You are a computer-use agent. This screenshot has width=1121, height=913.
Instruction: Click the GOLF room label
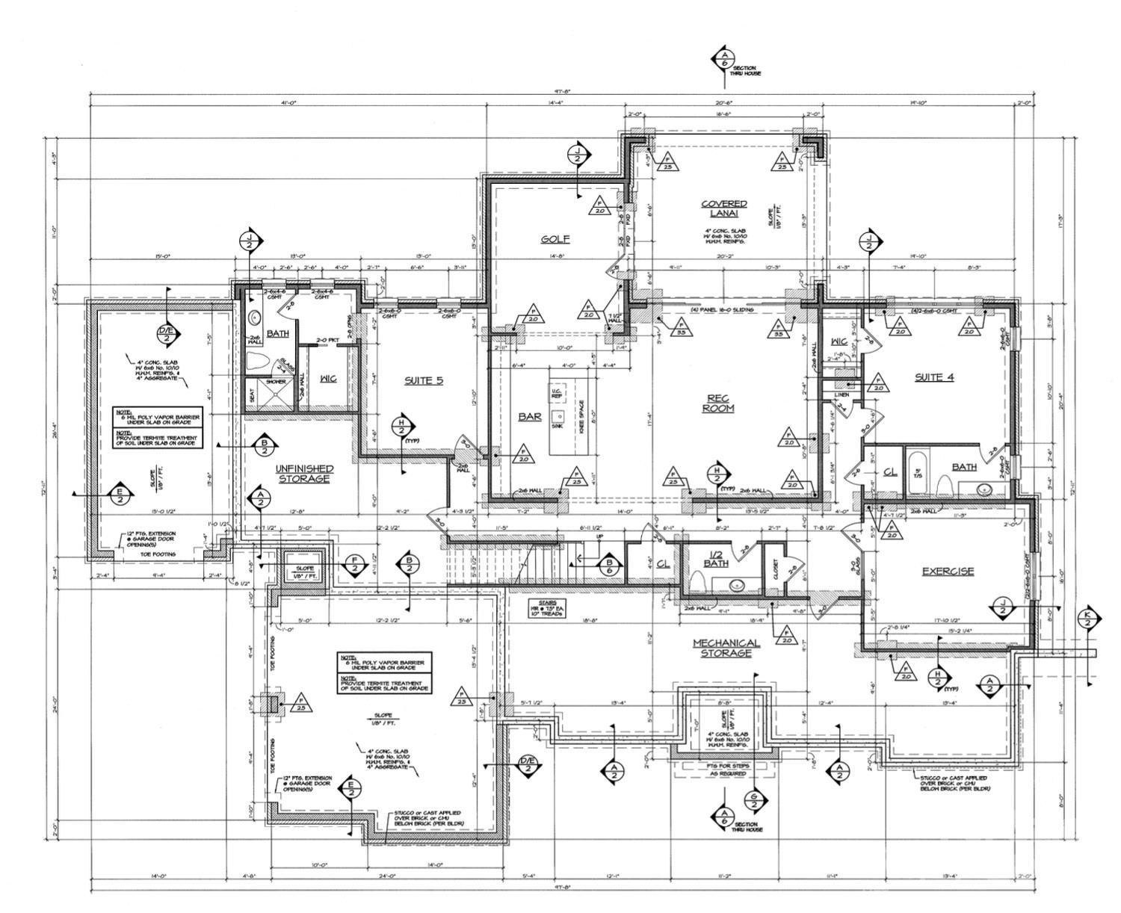[555, 239]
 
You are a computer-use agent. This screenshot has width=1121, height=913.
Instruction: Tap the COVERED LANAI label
[723, 208]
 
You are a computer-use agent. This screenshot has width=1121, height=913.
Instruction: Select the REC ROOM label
[717, 403]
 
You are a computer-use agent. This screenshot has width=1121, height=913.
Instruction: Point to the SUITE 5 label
[424, 380]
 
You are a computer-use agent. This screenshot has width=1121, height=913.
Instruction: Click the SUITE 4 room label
[934, 377]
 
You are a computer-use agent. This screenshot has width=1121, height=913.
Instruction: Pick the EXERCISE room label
[948, 572]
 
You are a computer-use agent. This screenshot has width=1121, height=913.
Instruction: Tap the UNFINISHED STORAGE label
[304, 474]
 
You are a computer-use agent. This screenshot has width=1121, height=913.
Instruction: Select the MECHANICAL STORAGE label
[726, 648]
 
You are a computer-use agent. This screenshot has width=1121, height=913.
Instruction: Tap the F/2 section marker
[354, 565]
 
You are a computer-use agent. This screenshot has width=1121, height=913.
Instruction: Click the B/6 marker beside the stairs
[610, 567]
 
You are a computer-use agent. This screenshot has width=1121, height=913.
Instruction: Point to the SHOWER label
[276, 382]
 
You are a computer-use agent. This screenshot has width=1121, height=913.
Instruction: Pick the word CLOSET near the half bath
[775, 572]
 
